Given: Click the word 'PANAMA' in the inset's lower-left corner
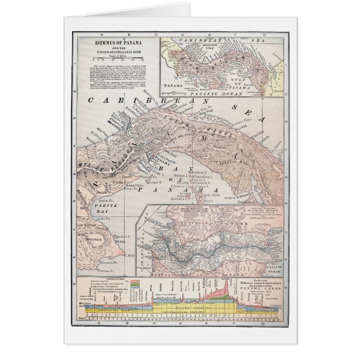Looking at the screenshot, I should tap(169, 87).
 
